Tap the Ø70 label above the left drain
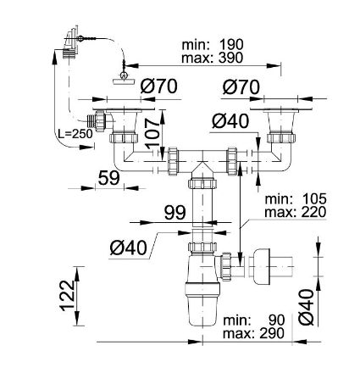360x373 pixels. point(158,86)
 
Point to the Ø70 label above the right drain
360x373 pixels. point(239,86)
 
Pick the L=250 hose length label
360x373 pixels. point(71,136)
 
